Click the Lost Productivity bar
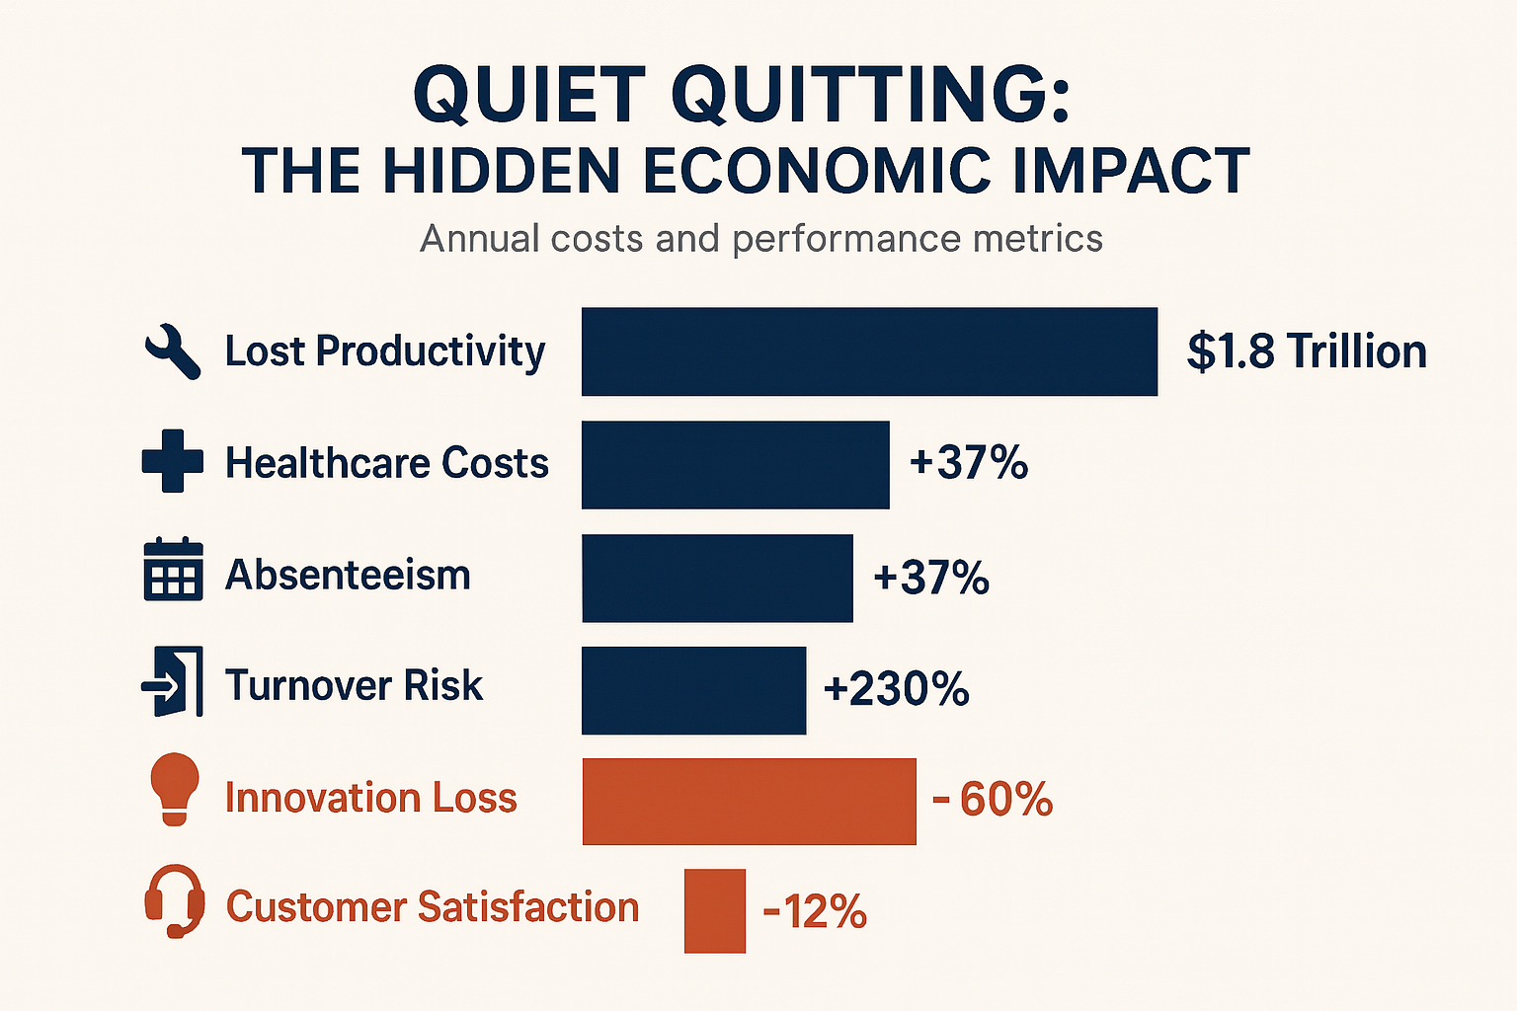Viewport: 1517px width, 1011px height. coord(869,351)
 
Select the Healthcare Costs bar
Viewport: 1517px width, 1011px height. coord(735,464)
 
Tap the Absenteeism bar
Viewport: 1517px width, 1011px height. coord(717,578)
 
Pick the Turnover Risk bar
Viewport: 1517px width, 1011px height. coord(693,690)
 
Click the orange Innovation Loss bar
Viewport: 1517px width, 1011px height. coord(749,801)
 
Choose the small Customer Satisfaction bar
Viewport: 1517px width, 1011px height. coord(714,910)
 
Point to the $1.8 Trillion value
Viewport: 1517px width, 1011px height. coord(1307,351)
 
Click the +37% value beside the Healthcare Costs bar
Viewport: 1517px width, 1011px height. coord(969,462)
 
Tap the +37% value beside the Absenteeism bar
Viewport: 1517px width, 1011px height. coord(930,578)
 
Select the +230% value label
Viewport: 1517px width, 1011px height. coord(896,688)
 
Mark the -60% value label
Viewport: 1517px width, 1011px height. coord(993,799)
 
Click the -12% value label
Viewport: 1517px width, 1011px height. coord(815,911)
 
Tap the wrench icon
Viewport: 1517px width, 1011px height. coord(173,352)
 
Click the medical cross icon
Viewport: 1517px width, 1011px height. coord(173,461)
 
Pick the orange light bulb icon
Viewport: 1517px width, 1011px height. coord(174,789)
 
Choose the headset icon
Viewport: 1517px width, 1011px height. coord(175,901)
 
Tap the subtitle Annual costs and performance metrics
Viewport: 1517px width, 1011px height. coord(760,239)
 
